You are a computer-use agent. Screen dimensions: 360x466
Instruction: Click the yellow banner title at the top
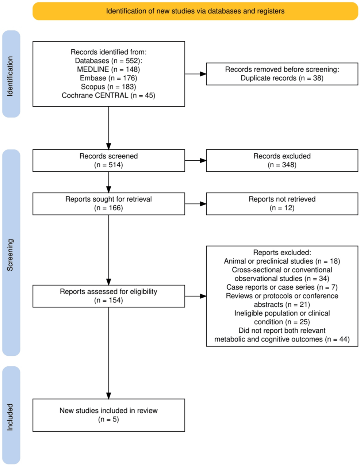195,11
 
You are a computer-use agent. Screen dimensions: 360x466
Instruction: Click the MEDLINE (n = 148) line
108,69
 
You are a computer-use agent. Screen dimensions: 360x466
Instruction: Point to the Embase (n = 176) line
108,78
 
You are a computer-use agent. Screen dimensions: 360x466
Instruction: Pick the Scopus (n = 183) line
108,87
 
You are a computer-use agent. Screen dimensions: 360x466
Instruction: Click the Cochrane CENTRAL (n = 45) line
108,95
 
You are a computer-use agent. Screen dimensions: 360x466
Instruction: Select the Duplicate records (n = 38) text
282,78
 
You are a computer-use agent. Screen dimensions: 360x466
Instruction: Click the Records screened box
109,160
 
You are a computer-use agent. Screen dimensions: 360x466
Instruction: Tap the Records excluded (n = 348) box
282,160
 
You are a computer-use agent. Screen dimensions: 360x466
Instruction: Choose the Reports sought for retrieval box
109,204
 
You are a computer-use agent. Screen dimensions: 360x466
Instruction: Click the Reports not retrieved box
282,204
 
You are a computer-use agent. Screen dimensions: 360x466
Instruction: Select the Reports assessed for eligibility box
109,296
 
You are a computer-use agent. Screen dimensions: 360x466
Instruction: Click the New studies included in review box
109,415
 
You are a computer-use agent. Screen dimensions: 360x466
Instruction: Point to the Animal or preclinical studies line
282,261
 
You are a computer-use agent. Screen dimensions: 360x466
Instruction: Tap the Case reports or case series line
282,287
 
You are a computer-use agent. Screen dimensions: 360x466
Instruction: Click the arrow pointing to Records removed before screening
196,74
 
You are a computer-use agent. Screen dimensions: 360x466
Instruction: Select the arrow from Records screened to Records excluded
196,160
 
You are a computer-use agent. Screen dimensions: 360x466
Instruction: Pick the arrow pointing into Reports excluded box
196,296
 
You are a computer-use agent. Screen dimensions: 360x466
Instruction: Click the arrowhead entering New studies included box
109,396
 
